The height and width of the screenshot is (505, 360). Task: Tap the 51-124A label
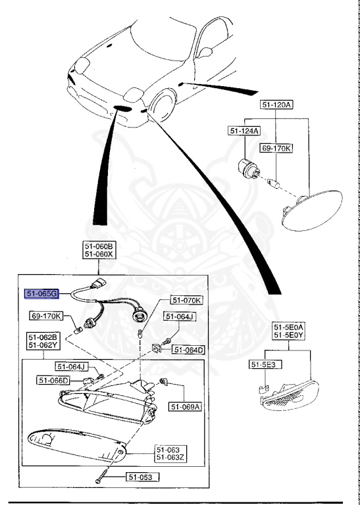coord(245,131)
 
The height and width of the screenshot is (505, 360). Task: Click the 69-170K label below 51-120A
coord(276,148)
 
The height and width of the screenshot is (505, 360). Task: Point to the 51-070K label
coord(187,301)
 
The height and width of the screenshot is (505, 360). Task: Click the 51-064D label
coord(189,350)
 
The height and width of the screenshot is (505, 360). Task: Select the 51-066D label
coord(53,380)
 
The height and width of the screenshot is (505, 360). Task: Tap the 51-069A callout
coord(185,407)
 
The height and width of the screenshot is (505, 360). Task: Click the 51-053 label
coord(140,478)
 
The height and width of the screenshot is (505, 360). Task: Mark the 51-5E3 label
coord(263,364)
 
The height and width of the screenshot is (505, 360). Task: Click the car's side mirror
coord(206,51)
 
